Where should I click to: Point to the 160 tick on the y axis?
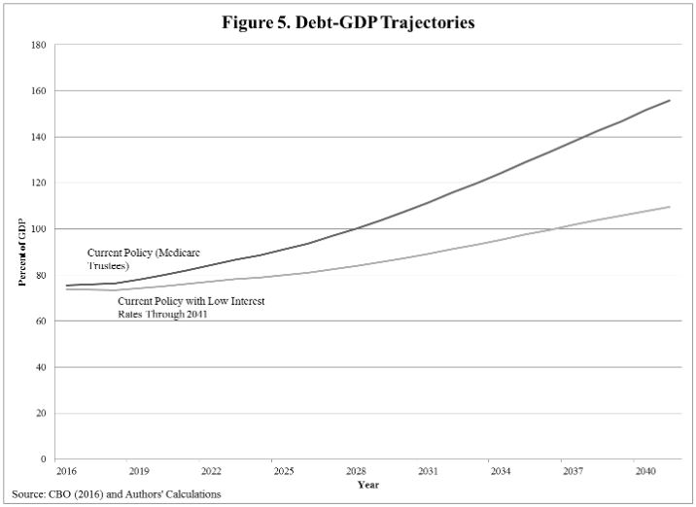click(39, 90)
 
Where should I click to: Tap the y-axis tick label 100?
click(39, 229)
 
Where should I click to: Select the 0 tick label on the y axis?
click(44, 459)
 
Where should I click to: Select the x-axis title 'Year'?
click(367, 484)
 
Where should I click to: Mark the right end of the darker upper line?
click(670, 100)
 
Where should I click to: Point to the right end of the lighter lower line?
click(670, 206)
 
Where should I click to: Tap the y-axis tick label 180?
click(39, 45)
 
